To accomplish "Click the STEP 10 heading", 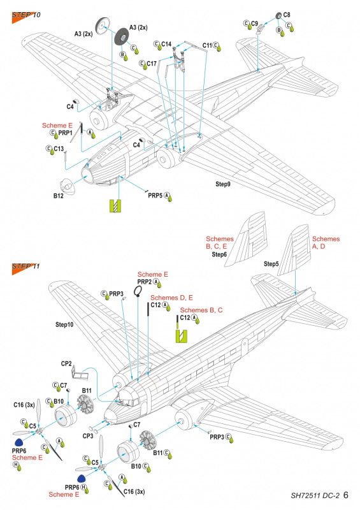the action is pos(26,15).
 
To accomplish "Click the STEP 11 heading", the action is pos(26,266).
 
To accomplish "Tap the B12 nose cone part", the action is pos(68,186).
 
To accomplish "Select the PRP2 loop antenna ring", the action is pos(138,291).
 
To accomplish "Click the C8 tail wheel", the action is pos(278,15).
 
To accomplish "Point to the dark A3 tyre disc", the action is pos(122,38).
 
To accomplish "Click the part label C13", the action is pos(59,149).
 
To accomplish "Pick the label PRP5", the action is pos(155,196).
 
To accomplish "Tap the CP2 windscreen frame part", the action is pos(80,373).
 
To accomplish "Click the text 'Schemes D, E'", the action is pos(171,298).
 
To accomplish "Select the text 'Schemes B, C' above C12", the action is pos(201,310).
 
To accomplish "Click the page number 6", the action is pos(346,495).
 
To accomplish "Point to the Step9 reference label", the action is pos(223,184).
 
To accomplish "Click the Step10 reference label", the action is pos(64,324).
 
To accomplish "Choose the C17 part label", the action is pos(152,64).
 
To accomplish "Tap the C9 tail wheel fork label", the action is pos(254,24).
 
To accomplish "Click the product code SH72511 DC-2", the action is pos(315,496).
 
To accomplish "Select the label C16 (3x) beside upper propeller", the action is pos(24,405).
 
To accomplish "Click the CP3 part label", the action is pos(88,436).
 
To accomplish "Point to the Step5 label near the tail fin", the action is pos(271,264).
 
